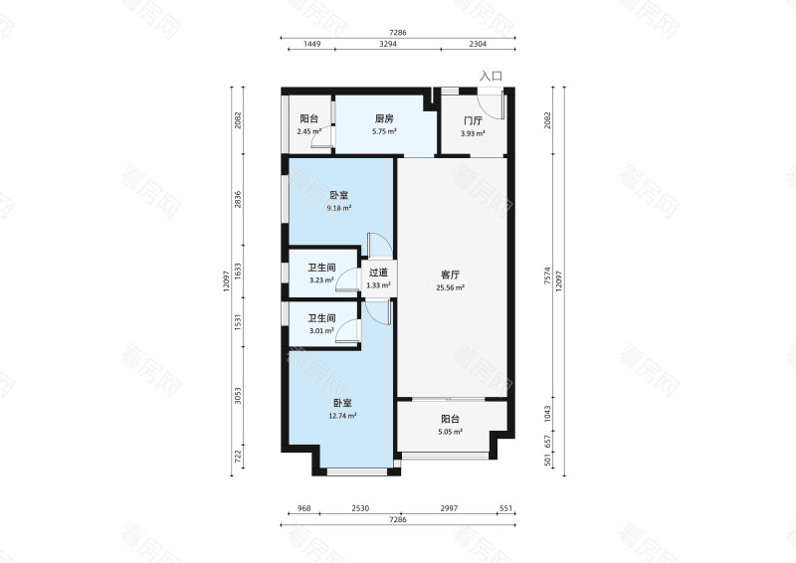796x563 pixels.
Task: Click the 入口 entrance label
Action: [x=491, y=77]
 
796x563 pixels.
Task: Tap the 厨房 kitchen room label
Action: [x=384, y=118]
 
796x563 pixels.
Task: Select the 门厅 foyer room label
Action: [x=473, y=120]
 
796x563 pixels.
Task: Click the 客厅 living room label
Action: [x=451, y=276]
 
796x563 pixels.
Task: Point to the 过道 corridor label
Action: [x=378, y=273]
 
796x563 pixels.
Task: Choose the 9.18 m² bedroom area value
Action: [x=339, y=208]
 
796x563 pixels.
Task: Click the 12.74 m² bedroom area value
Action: [x=342, y=416]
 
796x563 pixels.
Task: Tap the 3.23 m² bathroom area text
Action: [x=321, y=280]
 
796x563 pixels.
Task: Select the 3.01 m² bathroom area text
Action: [x=321, y=331]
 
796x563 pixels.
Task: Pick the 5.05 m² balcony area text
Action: [x=451, y=432]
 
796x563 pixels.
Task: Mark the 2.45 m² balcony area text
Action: [x=309, y=131]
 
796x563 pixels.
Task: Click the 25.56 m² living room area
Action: [x=451, y=287]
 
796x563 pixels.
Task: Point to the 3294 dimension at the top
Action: [x=388, y=44]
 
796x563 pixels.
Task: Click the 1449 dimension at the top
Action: [x=311, y=44]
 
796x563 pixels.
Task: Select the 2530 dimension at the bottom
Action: [x=360, y=508]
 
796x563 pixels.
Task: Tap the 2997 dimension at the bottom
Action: [x=449, y=508]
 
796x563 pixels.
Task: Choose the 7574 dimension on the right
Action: [x=547, y=277]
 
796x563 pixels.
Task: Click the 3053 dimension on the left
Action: [x=238, y=396]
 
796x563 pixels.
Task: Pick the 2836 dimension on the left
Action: [x=238, y=200]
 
